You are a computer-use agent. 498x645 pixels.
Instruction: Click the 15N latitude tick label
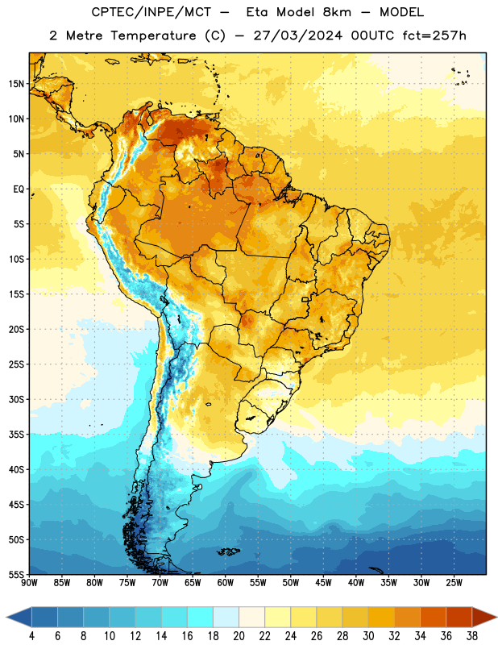click(x=17, y=84)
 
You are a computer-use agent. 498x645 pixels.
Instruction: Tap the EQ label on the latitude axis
click(x=19, y=189)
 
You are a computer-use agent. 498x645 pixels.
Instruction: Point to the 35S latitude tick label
click(x=17, y=435)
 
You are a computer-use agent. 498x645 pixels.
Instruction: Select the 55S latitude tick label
click(x=17, y=574)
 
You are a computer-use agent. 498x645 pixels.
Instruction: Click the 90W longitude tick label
click(x=29, y=583)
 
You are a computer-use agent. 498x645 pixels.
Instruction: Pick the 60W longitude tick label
click(x=226, y=583)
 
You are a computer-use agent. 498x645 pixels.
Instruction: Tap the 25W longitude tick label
click(x=454, y=583)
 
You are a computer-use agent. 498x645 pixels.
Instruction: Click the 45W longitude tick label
click(x=323, y=583)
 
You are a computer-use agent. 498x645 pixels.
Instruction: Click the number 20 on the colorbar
click(x=239, y=636)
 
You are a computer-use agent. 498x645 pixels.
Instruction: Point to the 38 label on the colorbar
click(x=472, y=636)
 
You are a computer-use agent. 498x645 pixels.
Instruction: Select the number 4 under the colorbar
click(x=31, y=636)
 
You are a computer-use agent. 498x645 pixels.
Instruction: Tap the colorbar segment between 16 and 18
click(x=201, y=617)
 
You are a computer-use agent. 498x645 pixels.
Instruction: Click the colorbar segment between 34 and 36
click(x=434, y=617)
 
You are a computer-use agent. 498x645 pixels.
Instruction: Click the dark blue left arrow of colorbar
click(x=19, y=617)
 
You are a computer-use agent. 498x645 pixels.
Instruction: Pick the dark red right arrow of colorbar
click(x=485, y=617)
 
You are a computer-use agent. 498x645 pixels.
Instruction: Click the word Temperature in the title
click(x=153, y=35)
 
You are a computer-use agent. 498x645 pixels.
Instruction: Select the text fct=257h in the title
click(x=434, y=35)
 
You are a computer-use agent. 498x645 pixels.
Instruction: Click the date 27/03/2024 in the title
click(x=297, y=35)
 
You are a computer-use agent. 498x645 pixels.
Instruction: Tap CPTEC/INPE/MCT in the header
click(x=151, y=12)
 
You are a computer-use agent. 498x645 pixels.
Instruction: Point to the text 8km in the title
click(x=337, y=12)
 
